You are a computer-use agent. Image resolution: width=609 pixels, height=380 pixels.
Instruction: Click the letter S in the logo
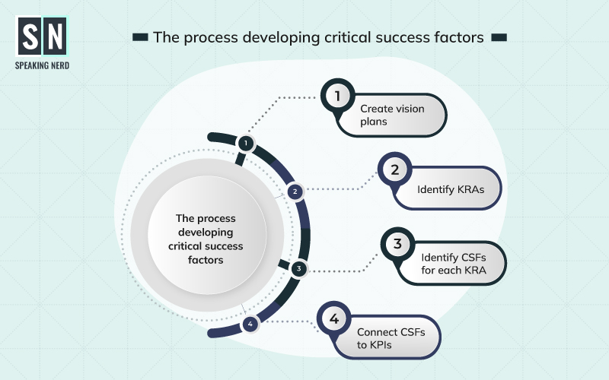pyautogui.click(x=30, y=36)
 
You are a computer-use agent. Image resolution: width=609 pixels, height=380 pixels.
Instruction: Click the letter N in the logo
pyautogui.click(x=55, y=36)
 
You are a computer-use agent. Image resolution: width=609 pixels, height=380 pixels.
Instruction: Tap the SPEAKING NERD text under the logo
pyautogui.click(x=43, y=65)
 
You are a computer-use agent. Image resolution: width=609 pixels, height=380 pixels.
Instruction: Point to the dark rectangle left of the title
pyautogui.click(x=140, y=37)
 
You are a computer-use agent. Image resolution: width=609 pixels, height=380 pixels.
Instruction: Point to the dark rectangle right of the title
pyautogui.click(x=499, y=37)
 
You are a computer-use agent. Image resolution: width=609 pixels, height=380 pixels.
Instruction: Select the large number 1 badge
pyautogui.click(x=337, y=96)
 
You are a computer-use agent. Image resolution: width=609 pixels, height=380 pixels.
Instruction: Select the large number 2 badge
pyautogui.click(x=394, y=169)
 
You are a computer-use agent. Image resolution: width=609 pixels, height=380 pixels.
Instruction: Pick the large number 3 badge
pyautogui.click(x=397, y=244)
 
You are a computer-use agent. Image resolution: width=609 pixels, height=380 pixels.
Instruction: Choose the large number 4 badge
pyautogui.click(x=334, y=318)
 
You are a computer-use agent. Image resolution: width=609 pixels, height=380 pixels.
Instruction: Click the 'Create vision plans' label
pyautogui.click(x=392, y=115)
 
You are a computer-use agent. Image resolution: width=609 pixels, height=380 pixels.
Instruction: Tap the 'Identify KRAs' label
pyautogui.click(x=451, y=189)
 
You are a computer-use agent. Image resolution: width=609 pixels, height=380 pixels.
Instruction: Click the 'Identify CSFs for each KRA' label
pyautogui.click(x=454, y=264)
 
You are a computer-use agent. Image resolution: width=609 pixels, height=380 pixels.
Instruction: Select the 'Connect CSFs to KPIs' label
pyautogui.click(x=391, y=338)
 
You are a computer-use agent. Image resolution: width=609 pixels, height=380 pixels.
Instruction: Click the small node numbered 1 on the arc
pyautogui.click(x=245, y=143)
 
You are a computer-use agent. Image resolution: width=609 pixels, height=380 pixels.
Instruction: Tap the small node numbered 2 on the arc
pyautogui.click(x=295, y=192)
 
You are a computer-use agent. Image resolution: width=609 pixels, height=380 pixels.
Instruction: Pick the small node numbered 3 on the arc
pyautogui.click(x=298, y=268)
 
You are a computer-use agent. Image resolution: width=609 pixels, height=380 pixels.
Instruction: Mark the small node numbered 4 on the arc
pyautogui.click(x=250, y=324)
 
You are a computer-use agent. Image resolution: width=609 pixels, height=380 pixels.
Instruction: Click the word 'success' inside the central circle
pyautogui.click(x=225, y=245)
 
